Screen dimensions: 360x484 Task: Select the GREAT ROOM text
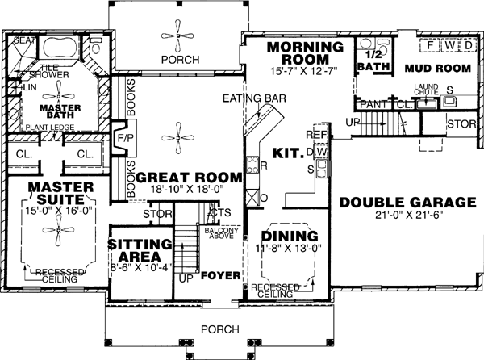[x=189, y=177]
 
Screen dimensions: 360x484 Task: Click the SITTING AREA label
[x=140, y=250]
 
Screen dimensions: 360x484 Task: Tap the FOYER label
[x=221, y=275]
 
